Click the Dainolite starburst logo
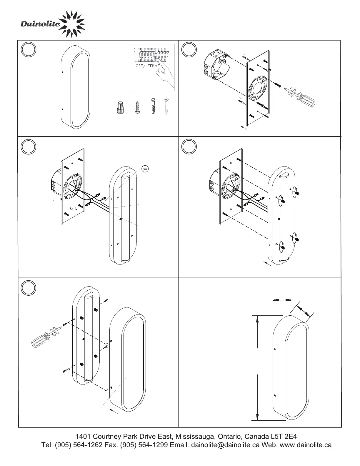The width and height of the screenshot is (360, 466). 73,24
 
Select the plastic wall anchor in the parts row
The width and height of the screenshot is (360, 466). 153,106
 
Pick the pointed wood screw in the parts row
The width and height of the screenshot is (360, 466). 166,106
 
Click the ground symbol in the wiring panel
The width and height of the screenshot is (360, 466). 145,169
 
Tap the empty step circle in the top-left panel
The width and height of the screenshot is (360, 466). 29,50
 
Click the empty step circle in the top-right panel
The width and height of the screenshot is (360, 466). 189,50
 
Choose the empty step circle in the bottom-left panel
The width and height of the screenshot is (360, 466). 29,287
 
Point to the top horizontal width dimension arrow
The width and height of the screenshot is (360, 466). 282,300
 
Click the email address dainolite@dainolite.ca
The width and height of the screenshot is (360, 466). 225,445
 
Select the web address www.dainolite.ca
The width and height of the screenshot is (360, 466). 306,445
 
